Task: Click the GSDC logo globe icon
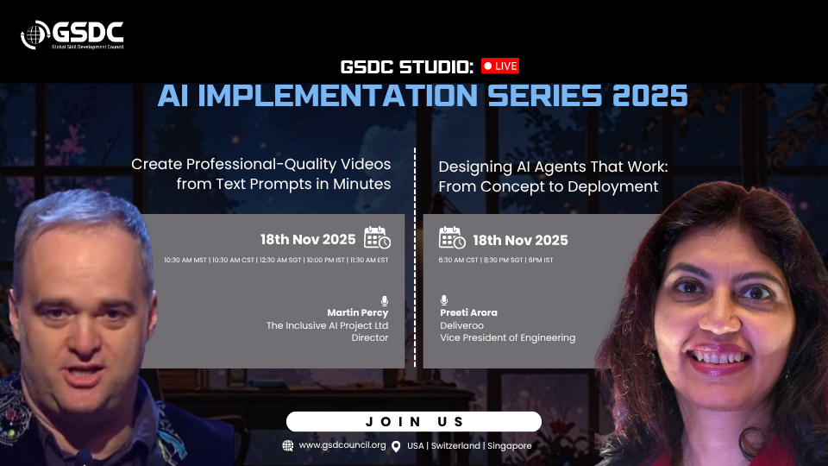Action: click(x=34, y=35)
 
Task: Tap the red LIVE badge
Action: click(x=500, y=66)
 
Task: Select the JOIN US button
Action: click(x=414, y=422)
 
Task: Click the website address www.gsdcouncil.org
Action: click(x=342, y=445)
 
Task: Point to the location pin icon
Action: click(x=396, y=446)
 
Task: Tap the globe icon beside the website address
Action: click(x=288, y=445)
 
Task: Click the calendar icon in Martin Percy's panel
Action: click(x=377, y=237)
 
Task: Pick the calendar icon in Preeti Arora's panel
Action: click(x=452, y=237)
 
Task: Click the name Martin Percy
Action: click(x=357, y=312)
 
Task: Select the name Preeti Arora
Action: click(x=468, y=312)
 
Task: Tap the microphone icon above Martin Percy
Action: click(x=385, y=300)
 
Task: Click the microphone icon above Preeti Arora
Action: click(x=444, y=300)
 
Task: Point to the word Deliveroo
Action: click(x=461, y=325)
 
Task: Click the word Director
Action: click(x=370, y=337)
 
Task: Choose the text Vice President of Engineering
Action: click(x=507, y=337)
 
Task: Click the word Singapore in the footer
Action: click(x=509, y=446)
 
